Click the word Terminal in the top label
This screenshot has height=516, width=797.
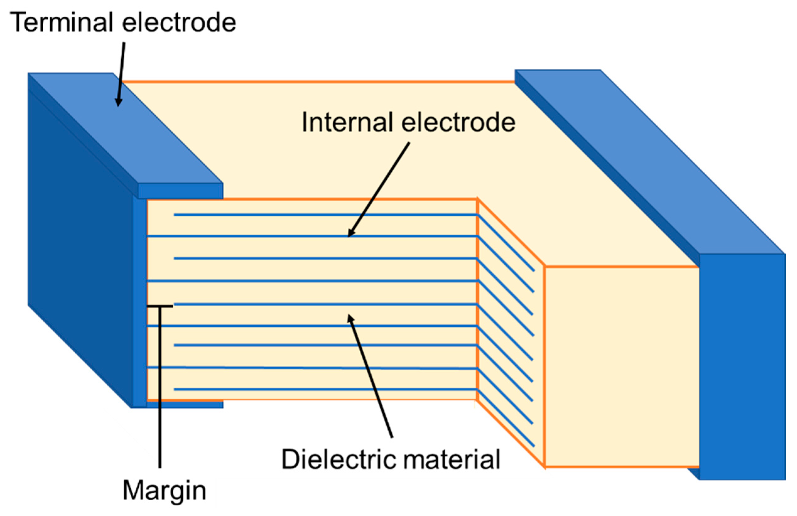pos(62,23)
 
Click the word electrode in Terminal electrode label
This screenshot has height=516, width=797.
pos(179,23)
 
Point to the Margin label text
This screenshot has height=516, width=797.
pos(164,491)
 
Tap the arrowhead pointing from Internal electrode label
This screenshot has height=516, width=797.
pos(350,234)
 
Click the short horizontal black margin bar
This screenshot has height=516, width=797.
pos(160,306)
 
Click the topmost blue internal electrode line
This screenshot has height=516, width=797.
pos(325,215)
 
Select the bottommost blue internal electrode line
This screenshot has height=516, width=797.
pos(325,390)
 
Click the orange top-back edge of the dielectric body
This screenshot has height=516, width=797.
pos(318,82)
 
